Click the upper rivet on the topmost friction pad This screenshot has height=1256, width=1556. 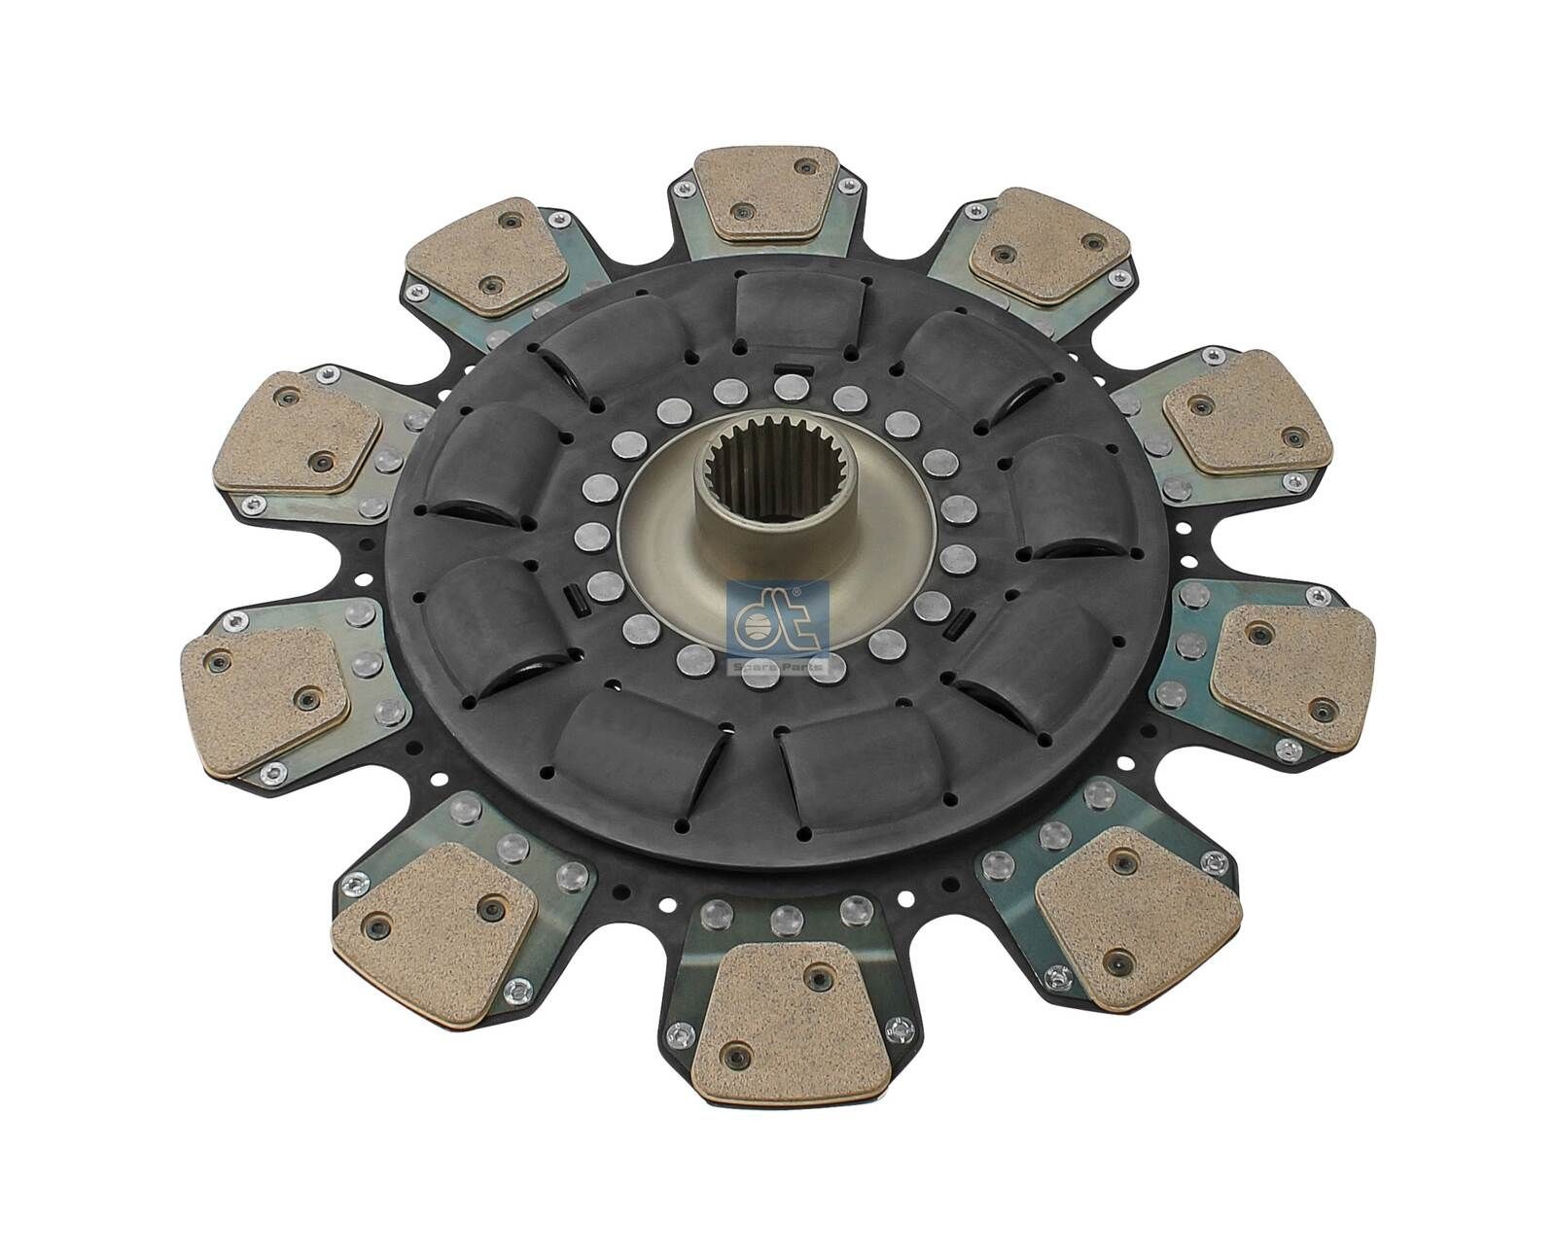[803, 167]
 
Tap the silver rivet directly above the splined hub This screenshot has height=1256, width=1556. [786, 388]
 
